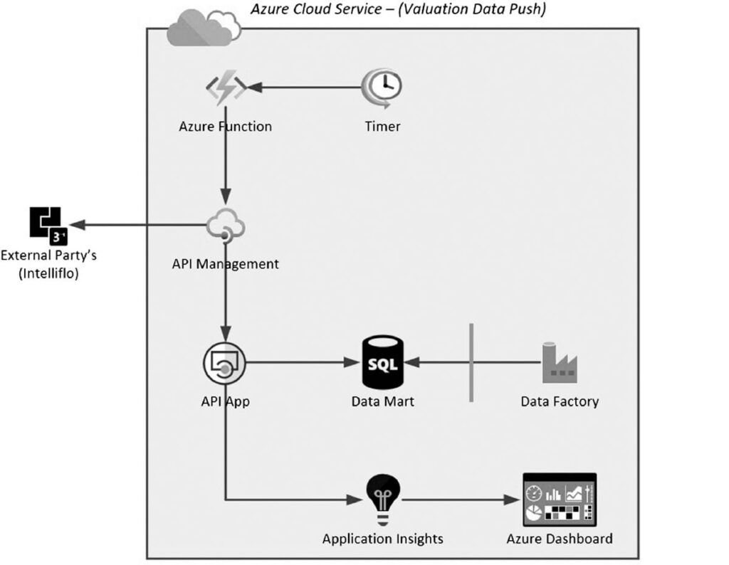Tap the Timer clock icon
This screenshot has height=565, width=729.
382,88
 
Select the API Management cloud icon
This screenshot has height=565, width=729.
226,226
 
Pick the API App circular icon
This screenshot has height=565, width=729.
225,364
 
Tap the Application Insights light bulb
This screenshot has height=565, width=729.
382,496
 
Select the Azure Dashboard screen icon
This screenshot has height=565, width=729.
560,497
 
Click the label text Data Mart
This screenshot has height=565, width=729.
382,401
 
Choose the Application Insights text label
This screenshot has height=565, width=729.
382,539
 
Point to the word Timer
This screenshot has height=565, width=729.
382,127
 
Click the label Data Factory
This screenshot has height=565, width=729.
560,401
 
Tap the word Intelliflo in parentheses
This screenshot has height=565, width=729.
48,272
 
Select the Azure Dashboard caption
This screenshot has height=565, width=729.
560,539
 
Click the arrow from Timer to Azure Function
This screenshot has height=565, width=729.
306,88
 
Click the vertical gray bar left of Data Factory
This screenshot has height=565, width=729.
471,362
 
